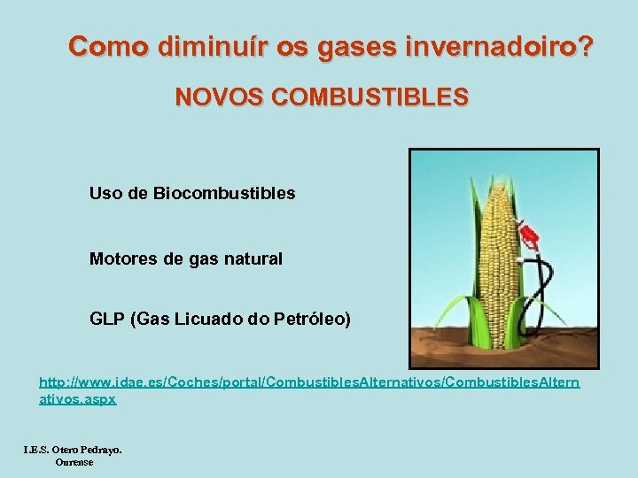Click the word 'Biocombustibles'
click(x=224, y=192)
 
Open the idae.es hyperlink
click(x=309, y=382)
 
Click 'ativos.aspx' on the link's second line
click(x=77, y=399)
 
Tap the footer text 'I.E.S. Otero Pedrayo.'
click(x=73, y=450)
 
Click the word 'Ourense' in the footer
click(x=74, y=462)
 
